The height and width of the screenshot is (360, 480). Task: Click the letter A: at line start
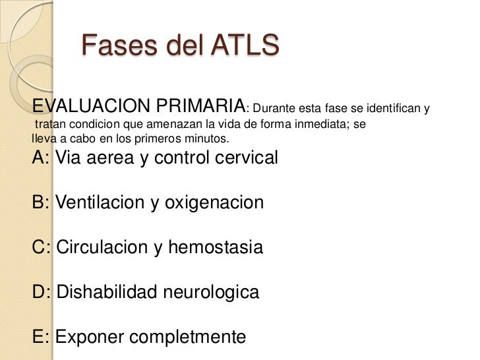pyautogui.click(x=41, y=158)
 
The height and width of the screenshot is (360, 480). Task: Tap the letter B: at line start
pyautogui.click(x=41, y=202)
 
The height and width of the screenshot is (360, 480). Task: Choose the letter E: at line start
pyautogui.click(x=41, y=337)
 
